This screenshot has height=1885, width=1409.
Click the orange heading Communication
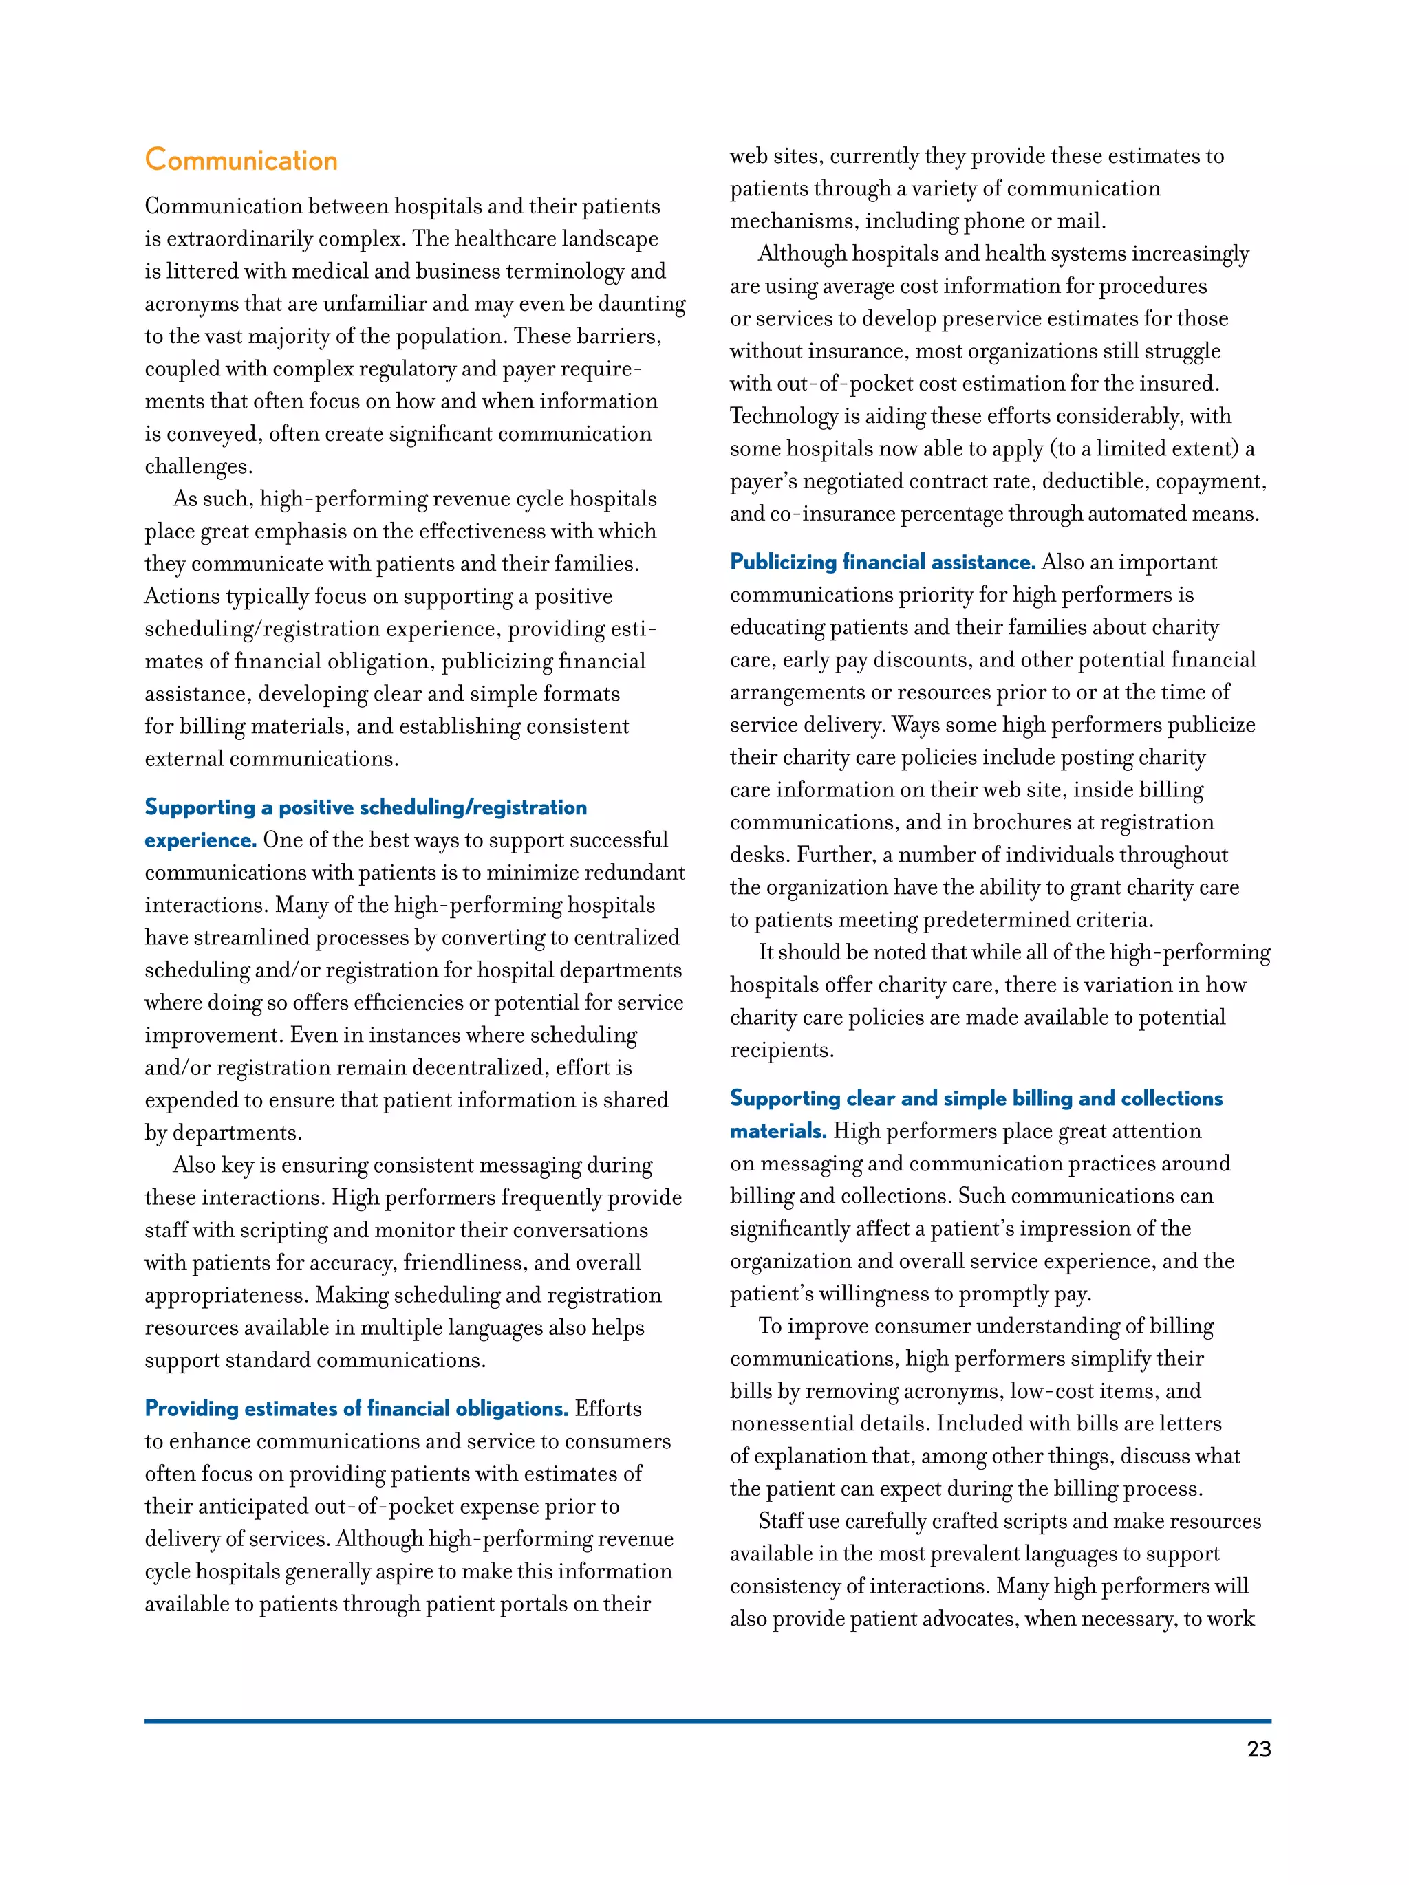coord(241,160)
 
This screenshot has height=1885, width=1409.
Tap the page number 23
coord(1258,1750)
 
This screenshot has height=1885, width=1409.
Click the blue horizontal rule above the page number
coord(707,1721)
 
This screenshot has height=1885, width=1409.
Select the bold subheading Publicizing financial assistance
coord(882,563)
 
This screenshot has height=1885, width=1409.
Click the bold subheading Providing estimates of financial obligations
coord(356,1408)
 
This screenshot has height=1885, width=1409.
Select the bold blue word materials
coord(777,1132)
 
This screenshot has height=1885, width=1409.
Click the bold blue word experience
coord(200,840)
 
